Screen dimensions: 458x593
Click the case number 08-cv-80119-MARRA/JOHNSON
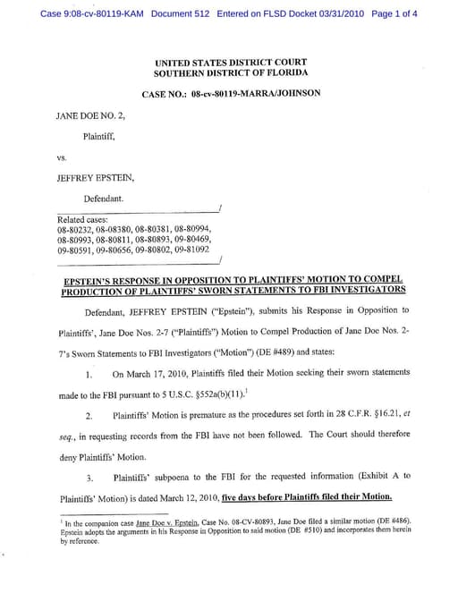[256, 94]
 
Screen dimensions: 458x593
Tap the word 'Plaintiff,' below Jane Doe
[99, 137]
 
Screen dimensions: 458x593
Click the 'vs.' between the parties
[63, 157]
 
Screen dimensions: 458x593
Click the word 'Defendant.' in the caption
[104, 198]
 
